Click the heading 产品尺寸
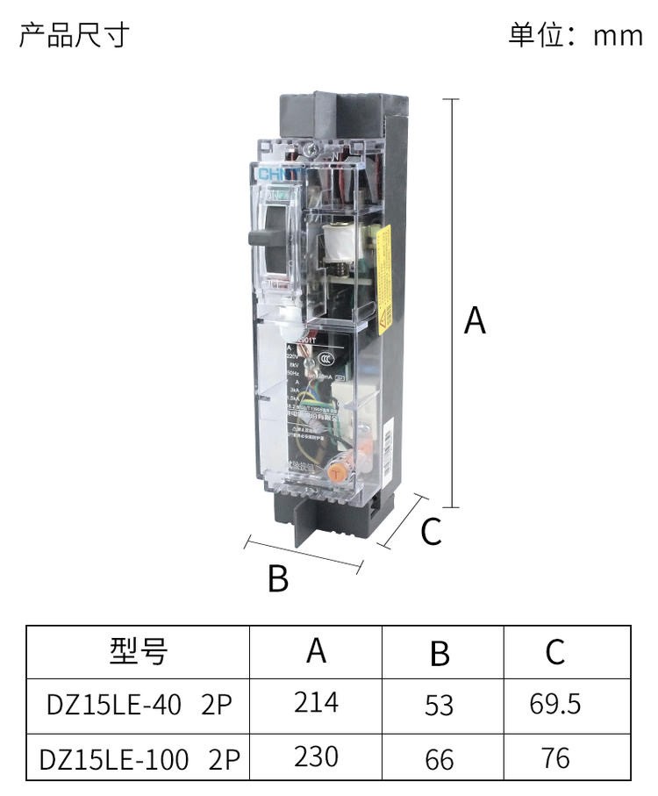pos(75,35)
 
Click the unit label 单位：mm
pos(575,35)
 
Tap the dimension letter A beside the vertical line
pos(475,321)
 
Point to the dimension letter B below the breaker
pos(277,578)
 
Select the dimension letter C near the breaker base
pos(431,532)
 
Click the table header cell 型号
pos(138,651)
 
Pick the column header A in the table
pos(316,651)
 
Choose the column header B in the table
pos(440,654)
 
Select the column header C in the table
pos(554,651)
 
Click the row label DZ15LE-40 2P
pos(139,705)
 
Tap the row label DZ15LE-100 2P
pos(139,758)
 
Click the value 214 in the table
pos(316,703)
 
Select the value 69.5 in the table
pos(554,704)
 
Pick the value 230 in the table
pos(316,757)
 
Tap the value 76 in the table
pos(554,758)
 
